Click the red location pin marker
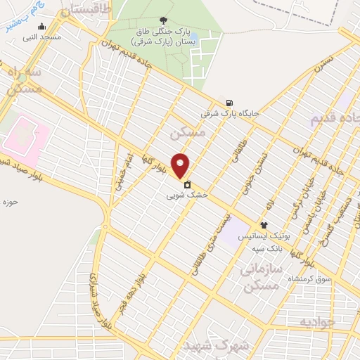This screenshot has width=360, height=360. click(x=181, y=166)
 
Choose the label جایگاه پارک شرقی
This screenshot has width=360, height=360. click(x=230, y=112)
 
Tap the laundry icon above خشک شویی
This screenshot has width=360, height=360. click(x=187, y=186)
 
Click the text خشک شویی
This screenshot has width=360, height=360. click(x=187, y=197)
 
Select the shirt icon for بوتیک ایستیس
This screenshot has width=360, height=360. click(x=264, y=225)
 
